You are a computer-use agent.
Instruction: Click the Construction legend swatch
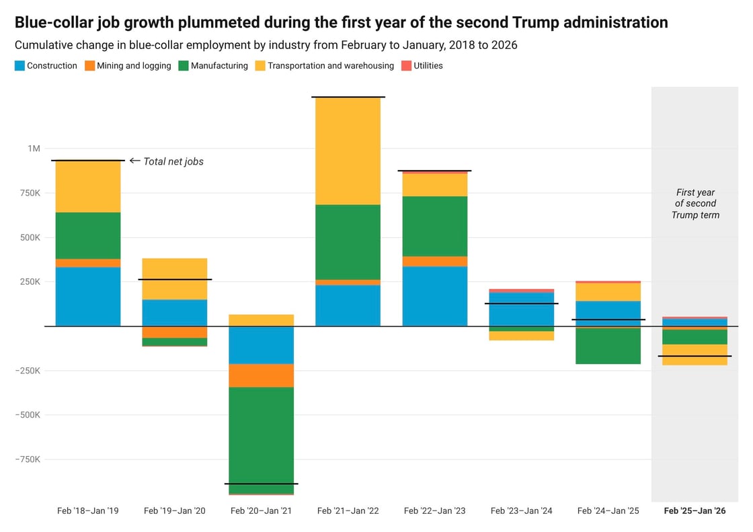coord(19,66)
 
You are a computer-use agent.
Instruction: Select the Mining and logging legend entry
coord(133,66)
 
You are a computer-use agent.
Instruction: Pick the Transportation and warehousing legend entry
coord(330,66)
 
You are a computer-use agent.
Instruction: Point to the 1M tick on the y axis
coord(34,148)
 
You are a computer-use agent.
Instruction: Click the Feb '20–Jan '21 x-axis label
coord(261,511)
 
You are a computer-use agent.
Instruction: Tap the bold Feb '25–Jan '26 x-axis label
coord(695,511)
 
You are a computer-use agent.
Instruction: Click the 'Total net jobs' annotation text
coord(173,161)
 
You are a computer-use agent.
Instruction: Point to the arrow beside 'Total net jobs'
coord(134,161)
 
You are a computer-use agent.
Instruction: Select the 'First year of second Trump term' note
coord(695,204)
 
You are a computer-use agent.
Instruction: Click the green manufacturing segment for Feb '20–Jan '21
coord(261,437)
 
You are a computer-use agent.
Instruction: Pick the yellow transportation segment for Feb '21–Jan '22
coord(348,151)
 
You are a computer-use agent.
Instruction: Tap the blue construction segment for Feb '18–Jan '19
coord(87,296)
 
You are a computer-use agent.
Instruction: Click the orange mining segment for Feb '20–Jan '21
coord(261,375)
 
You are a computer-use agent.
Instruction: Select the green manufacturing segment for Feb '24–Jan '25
coord(608,346)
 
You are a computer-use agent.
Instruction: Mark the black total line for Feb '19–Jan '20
coord(175,279)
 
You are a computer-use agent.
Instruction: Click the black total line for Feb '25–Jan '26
coord(695,356)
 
